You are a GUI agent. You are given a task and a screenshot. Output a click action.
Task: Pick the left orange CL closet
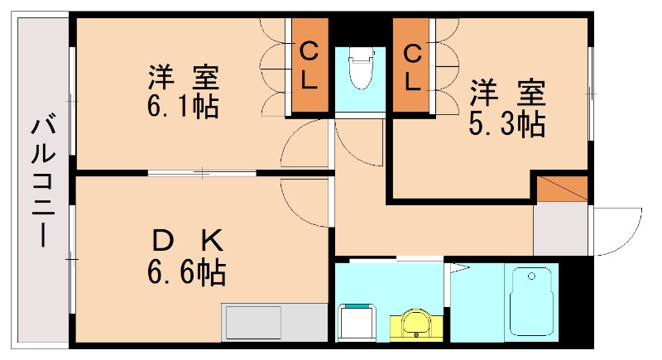(309, 68)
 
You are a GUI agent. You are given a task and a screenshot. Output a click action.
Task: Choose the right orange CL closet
(411, 68)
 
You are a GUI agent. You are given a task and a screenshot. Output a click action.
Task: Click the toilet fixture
(360, 71)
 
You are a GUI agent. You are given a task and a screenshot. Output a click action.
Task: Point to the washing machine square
(357, 321)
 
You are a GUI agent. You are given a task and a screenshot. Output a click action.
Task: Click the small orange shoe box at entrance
(563, 189)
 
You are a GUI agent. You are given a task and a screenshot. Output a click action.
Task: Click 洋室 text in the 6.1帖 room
(184, 79)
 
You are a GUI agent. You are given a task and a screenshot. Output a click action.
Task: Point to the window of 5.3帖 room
(591, 91)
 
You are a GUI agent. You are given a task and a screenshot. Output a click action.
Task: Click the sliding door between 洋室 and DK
(203, 173)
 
